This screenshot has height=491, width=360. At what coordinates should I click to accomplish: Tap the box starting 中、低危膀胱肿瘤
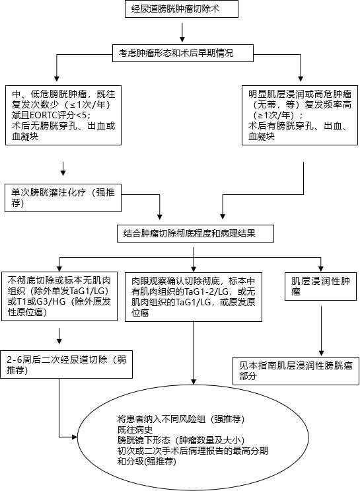pos(63,115)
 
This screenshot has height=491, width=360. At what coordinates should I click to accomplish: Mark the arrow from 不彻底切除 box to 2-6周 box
pos(61,334)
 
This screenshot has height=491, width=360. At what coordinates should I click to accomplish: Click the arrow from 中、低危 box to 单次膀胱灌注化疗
pos(63,168)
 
